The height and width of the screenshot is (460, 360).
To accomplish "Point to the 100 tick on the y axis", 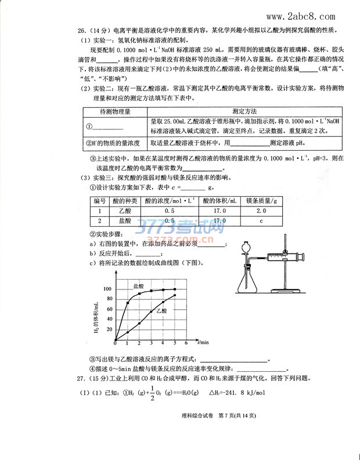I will click(x=107, y=289).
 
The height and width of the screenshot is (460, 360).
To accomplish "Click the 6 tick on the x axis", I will click(x=186, y=344).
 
